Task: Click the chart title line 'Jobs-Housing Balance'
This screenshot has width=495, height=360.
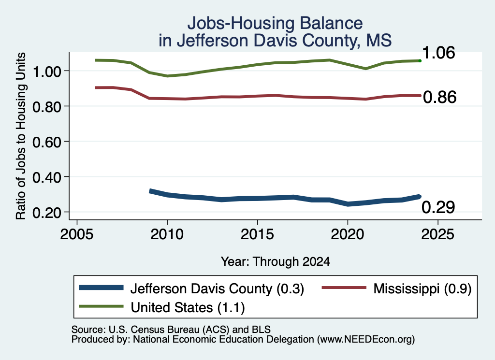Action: [275, 23]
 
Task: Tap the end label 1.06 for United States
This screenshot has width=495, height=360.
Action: [438, 53]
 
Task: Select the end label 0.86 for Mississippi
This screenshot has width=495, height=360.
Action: [439, 97]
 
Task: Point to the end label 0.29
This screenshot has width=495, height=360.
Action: [438, 207]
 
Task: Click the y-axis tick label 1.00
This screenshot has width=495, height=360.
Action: [47, 72]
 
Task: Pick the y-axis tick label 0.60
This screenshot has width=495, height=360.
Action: [47, 142]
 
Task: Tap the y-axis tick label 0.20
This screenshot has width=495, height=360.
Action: [47, 213]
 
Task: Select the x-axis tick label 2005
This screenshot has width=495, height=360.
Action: [77, 234]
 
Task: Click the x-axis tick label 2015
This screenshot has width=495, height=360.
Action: [257, 234]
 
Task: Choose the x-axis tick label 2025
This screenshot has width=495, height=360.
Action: [437, 234]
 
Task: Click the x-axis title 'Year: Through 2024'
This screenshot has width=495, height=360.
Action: [275, 261]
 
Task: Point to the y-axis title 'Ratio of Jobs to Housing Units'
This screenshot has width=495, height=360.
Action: [21, 136]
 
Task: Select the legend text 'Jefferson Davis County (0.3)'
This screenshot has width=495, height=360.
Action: [217, 288]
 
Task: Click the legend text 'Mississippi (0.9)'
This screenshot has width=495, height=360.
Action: [422, 288]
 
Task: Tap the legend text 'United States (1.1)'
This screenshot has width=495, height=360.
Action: [188, 307]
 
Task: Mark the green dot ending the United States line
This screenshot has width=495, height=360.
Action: [420, 60]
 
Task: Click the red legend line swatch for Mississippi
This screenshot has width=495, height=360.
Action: [344, 288]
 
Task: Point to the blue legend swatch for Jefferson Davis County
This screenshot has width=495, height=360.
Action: [101, 288]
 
